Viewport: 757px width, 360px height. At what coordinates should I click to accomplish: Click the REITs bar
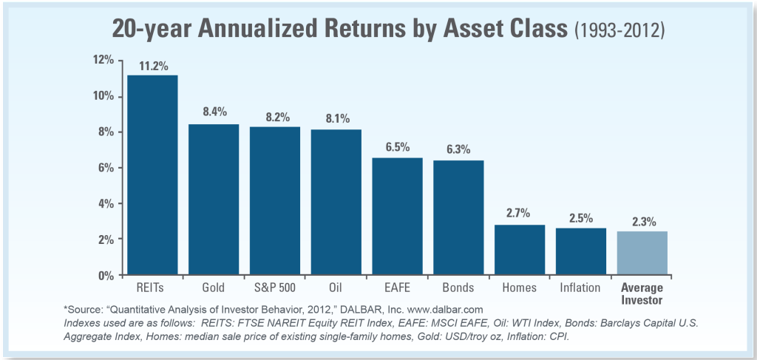[x=152, y=174]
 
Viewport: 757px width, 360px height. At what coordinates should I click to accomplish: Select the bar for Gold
[x=214, y=200]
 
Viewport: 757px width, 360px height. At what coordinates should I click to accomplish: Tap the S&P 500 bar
[x=275, y=201]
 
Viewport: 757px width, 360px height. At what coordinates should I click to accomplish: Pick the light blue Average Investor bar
[x=642, y=253]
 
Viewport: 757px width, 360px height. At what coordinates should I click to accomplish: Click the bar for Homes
[x=520, y=250]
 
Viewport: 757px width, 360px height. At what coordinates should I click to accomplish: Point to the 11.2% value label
[x=152, y=65]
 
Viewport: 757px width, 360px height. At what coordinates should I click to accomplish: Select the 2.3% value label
[x=642, y=221]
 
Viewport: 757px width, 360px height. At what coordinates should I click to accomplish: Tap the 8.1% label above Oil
[x=336, y=119]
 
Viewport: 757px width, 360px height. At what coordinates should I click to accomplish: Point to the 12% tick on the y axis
[x=103, y=60]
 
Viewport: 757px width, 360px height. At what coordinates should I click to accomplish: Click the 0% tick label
[x=105, y=275]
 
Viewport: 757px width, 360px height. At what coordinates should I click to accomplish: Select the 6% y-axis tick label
[x=105, y=168]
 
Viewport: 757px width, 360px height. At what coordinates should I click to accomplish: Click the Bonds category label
[x=458, y=286]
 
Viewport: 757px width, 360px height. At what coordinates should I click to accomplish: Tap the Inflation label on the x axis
[x=580, y=286]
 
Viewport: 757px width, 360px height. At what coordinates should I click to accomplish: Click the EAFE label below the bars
[x=397, y=286]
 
